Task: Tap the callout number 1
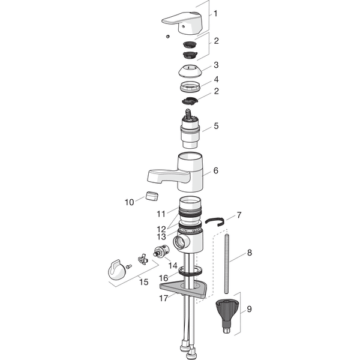[x=215, y=14]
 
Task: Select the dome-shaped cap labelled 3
[x=190, y=70]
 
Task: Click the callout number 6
[x=215, y=170]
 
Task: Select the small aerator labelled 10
[x=152, y=196]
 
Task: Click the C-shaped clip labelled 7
[x=214, y=222]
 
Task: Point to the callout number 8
[x=250, y=253]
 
